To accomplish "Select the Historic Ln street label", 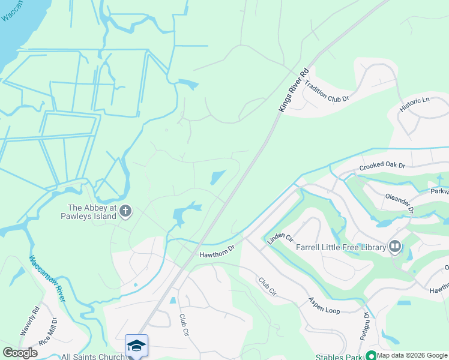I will pyautogui.click(x=415, y=106).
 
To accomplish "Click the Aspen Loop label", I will pyautogui.click(x=324, y=304).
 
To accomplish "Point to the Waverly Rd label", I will pyautogui.click(x=29, y=321).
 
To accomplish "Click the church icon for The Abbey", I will pyautogui.click(x=125, y=211).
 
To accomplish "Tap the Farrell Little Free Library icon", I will pyautogui.click(x=395, y=245).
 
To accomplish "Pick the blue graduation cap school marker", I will pyautogui.click(x=136, y=345).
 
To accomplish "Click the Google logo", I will pyautogui.click(x=20, y=353).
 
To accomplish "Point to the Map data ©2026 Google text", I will pyautogui.click(x=412, y=355).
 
